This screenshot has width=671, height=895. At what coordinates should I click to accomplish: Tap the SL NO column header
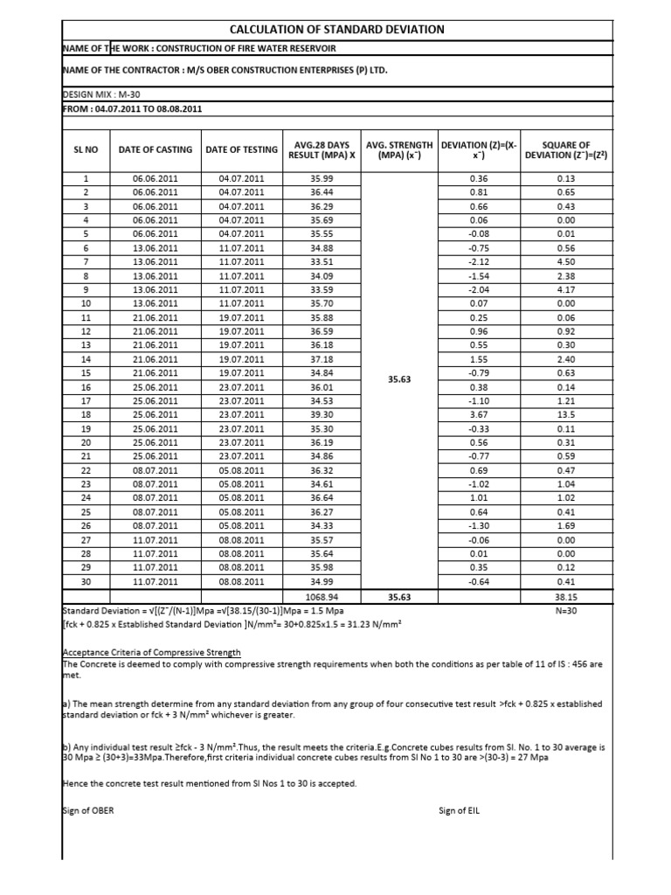[86, 149]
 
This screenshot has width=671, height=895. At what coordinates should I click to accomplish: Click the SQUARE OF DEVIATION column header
[566, 149]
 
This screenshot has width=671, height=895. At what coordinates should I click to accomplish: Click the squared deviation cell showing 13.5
[566, 414]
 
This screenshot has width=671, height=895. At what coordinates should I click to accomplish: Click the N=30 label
[566, 610]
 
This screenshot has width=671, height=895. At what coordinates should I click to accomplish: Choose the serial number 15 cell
[86, 373]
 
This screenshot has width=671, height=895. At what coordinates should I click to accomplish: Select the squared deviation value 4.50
[566, 261]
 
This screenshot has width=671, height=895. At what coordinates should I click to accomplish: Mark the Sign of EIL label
[459, 810]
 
